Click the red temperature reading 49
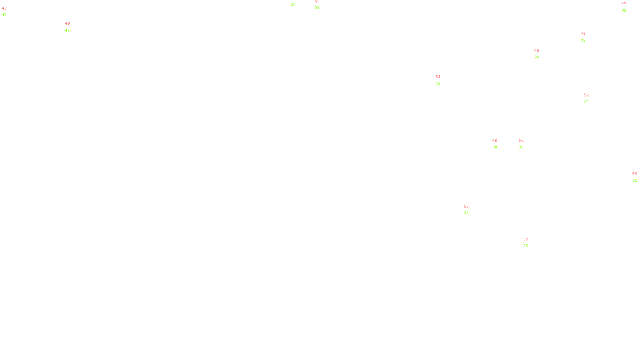(x=68, y=24)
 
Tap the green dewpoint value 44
(x=4, y=15)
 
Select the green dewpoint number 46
(x=68, y=30)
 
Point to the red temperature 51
(x=438, y=77)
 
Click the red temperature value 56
(x=521, y=140)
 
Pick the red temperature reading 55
(x=466, y=206)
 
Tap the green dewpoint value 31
(x=466, y=213)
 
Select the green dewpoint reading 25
(x=526, y=246)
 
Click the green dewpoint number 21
(x=635, y=180)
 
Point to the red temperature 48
(x=634, y=174)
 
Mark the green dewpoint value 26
(x=537, y=57)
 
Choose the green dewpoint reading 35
(x=317, y=8)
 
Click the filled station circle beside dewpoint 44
(x=9, y=12)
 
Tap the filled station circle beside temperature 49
(x=72, y=27)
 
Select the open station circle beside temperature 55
(x=470, y=210)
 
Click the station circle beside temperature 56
(x=525, y=144)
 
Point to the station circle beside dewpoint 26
(x=541, y=54)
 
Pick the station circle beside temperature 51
(x=442, y=80)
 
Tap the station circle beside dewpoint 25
(x=530, y=242)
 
